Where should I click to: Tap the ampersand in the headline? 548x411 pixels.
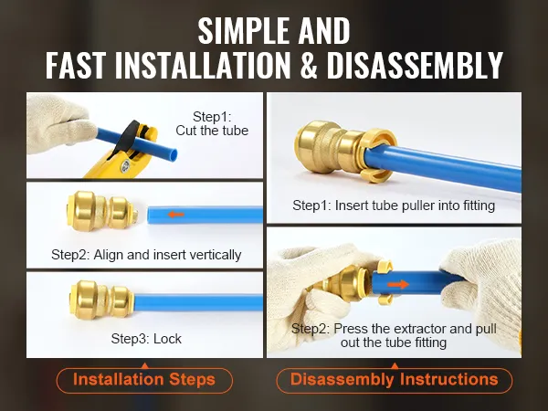(x=309, y=65)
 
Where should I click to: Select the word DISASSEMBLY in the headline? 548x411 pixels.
(x=415, y=65)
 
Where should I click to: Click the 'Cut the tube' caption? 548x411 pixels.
(x=212, y=131)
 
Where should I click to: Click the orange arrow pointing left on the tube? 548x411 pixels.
(x=175, y=215)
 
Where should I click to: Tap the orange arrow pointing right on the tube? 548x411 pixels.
(x=398, y=284)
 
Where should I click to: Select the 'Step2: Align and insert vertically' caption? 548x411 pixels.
(x=146, y=255)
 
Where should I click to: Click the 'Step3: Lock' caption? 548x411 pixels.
(x=146, y=339)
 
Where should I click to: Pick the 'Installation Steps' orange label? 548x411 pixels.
(x=144, y=380)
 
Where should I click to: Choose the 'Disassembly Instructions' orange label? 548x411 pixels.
(x=395, y=380)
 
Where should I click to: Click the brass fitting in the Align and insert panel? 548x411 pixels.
(x=102, y=211)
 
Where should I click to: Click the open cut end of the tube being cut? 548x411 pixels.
(x=173, y=153)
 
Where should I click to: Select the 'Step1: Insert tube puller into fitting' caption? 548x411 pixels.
(x=394, y=205)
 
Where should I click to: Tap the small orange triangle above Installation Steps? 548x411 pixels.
(x=145, y=366)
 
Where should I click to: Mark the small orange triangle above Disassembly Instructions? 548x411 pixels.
(x=395, y=366)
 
